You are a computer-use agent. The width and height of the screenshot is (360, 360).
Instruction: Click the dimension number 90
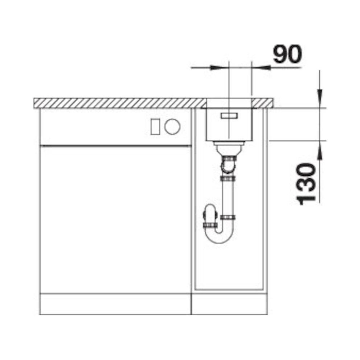coord(287,54)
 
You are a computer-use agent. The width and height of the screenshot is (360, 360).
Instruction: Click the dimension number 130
coord(306,184)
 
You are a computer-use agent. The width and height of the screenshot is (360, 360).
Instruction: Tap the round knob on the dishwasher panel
coord(172,127)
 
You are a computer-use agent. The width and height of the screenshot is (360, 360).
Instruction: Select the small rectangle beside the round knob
coord(155,127)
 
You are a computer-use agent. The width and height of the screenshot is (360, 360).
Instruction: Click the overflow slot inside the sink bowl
coord(229,116)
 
